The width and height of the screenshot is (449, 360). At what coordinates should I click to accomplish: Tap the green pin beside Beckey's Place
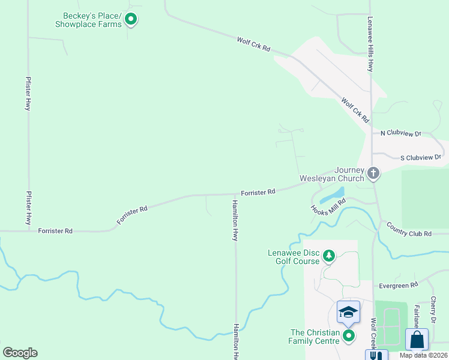[131, 20]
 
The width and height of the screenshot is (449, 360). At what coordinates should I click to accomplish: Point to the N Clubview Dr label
[401, 133]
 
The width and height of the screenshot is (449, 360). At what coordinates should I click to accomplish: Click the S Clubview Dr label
[421, 157]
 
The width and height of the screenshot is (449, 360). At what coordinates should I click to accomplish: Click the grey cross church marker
[373, 174]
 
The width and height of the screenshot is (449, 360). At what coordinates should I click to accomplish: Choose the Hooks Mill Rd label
[328, 208]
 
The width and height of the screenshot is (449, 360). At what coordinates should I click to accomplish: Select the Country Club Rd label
[409, 229]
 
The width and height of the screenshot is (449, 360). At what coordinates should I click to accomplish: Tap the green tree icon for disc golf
[329, 256]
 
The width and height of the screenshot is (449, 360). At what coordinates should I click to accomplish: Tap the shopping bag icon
[417, 339]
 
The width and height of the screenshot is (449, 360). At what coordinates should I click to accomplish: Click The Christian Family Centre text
[315, 337]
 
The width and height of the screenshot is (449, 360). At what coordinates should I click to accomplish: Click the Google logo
[20, 353]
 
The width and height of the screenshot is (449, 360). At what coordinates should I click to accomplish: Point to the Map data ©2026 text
[424, 355]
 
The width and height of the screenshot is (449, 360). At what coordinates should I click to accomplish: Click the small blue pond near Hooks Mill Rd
[331, 196]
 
